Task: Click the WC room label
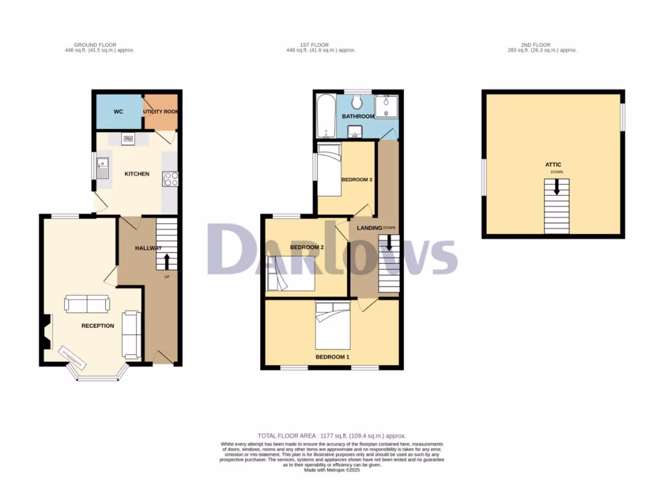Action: coord(118,112)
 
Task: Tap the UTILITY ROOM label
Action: coord(161,112)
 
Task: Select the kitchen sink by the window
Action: coord(102,168)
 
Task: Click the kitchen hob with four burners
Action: coord(171,178)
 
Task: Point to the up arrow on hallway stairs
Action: coord(166,261)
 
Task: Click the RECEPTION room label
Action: coord(97,326)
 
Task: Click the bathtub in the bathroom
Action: coord(325,116)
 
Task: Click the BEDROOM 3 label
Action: coord(357,180)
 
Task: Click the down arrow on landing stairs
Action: coord(389,243)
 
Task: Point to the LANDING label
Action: coord(368,228)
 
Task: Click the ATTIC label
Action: coord(553,165)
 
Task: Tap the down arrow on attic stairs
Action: coord(556,187)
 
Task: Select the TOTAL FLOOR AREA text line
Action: coord(331,436)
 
